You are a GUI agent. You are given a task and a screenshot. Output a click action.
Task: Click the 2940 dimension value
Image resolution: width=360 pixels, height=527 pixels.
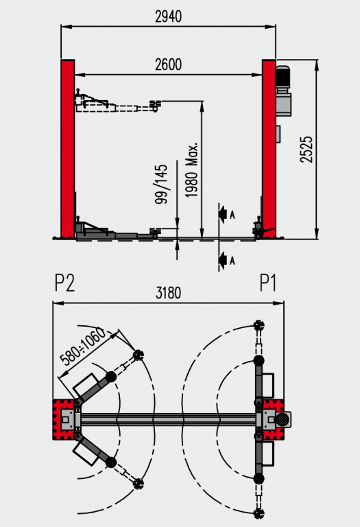[x=168, y=16]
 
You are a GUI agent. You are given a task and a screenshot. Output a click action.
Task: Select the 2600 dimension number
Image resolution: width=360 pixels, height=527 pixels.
[x=168, y=65]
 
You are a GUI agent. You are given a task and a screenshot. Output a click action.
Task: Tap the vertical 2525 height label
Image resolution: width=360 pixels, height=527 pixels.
[x=306, y=150]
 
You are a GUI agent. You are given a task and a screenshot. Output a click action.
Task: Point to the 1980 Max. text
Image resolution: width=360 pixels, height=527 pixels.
[x=192, y=169]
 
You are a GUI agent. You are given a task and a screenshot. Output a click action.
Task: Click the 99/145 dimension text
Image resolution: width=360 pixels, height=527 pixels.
[x=161, y=184]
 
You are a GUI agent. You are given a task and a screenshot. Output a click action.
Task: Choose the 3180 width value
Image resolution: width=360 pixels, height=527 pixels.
[x=168, y=293]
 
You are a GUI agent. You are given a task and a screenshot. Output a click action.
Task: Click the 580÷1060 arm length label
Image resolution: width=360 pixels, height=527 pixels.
[x=83, y=347]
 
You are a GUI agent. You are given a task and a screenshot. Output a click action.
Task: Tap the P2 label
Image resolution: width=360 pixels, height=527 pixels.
[x=65, y=283]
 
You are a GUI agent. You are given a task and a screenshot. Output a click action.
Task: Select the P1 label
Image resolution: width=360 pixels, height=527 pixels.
[x=268, y=283]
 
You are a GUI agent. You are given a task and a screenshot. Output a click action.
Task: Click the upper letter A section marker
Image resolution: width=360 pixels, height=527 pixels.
[x=232, y=214]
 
